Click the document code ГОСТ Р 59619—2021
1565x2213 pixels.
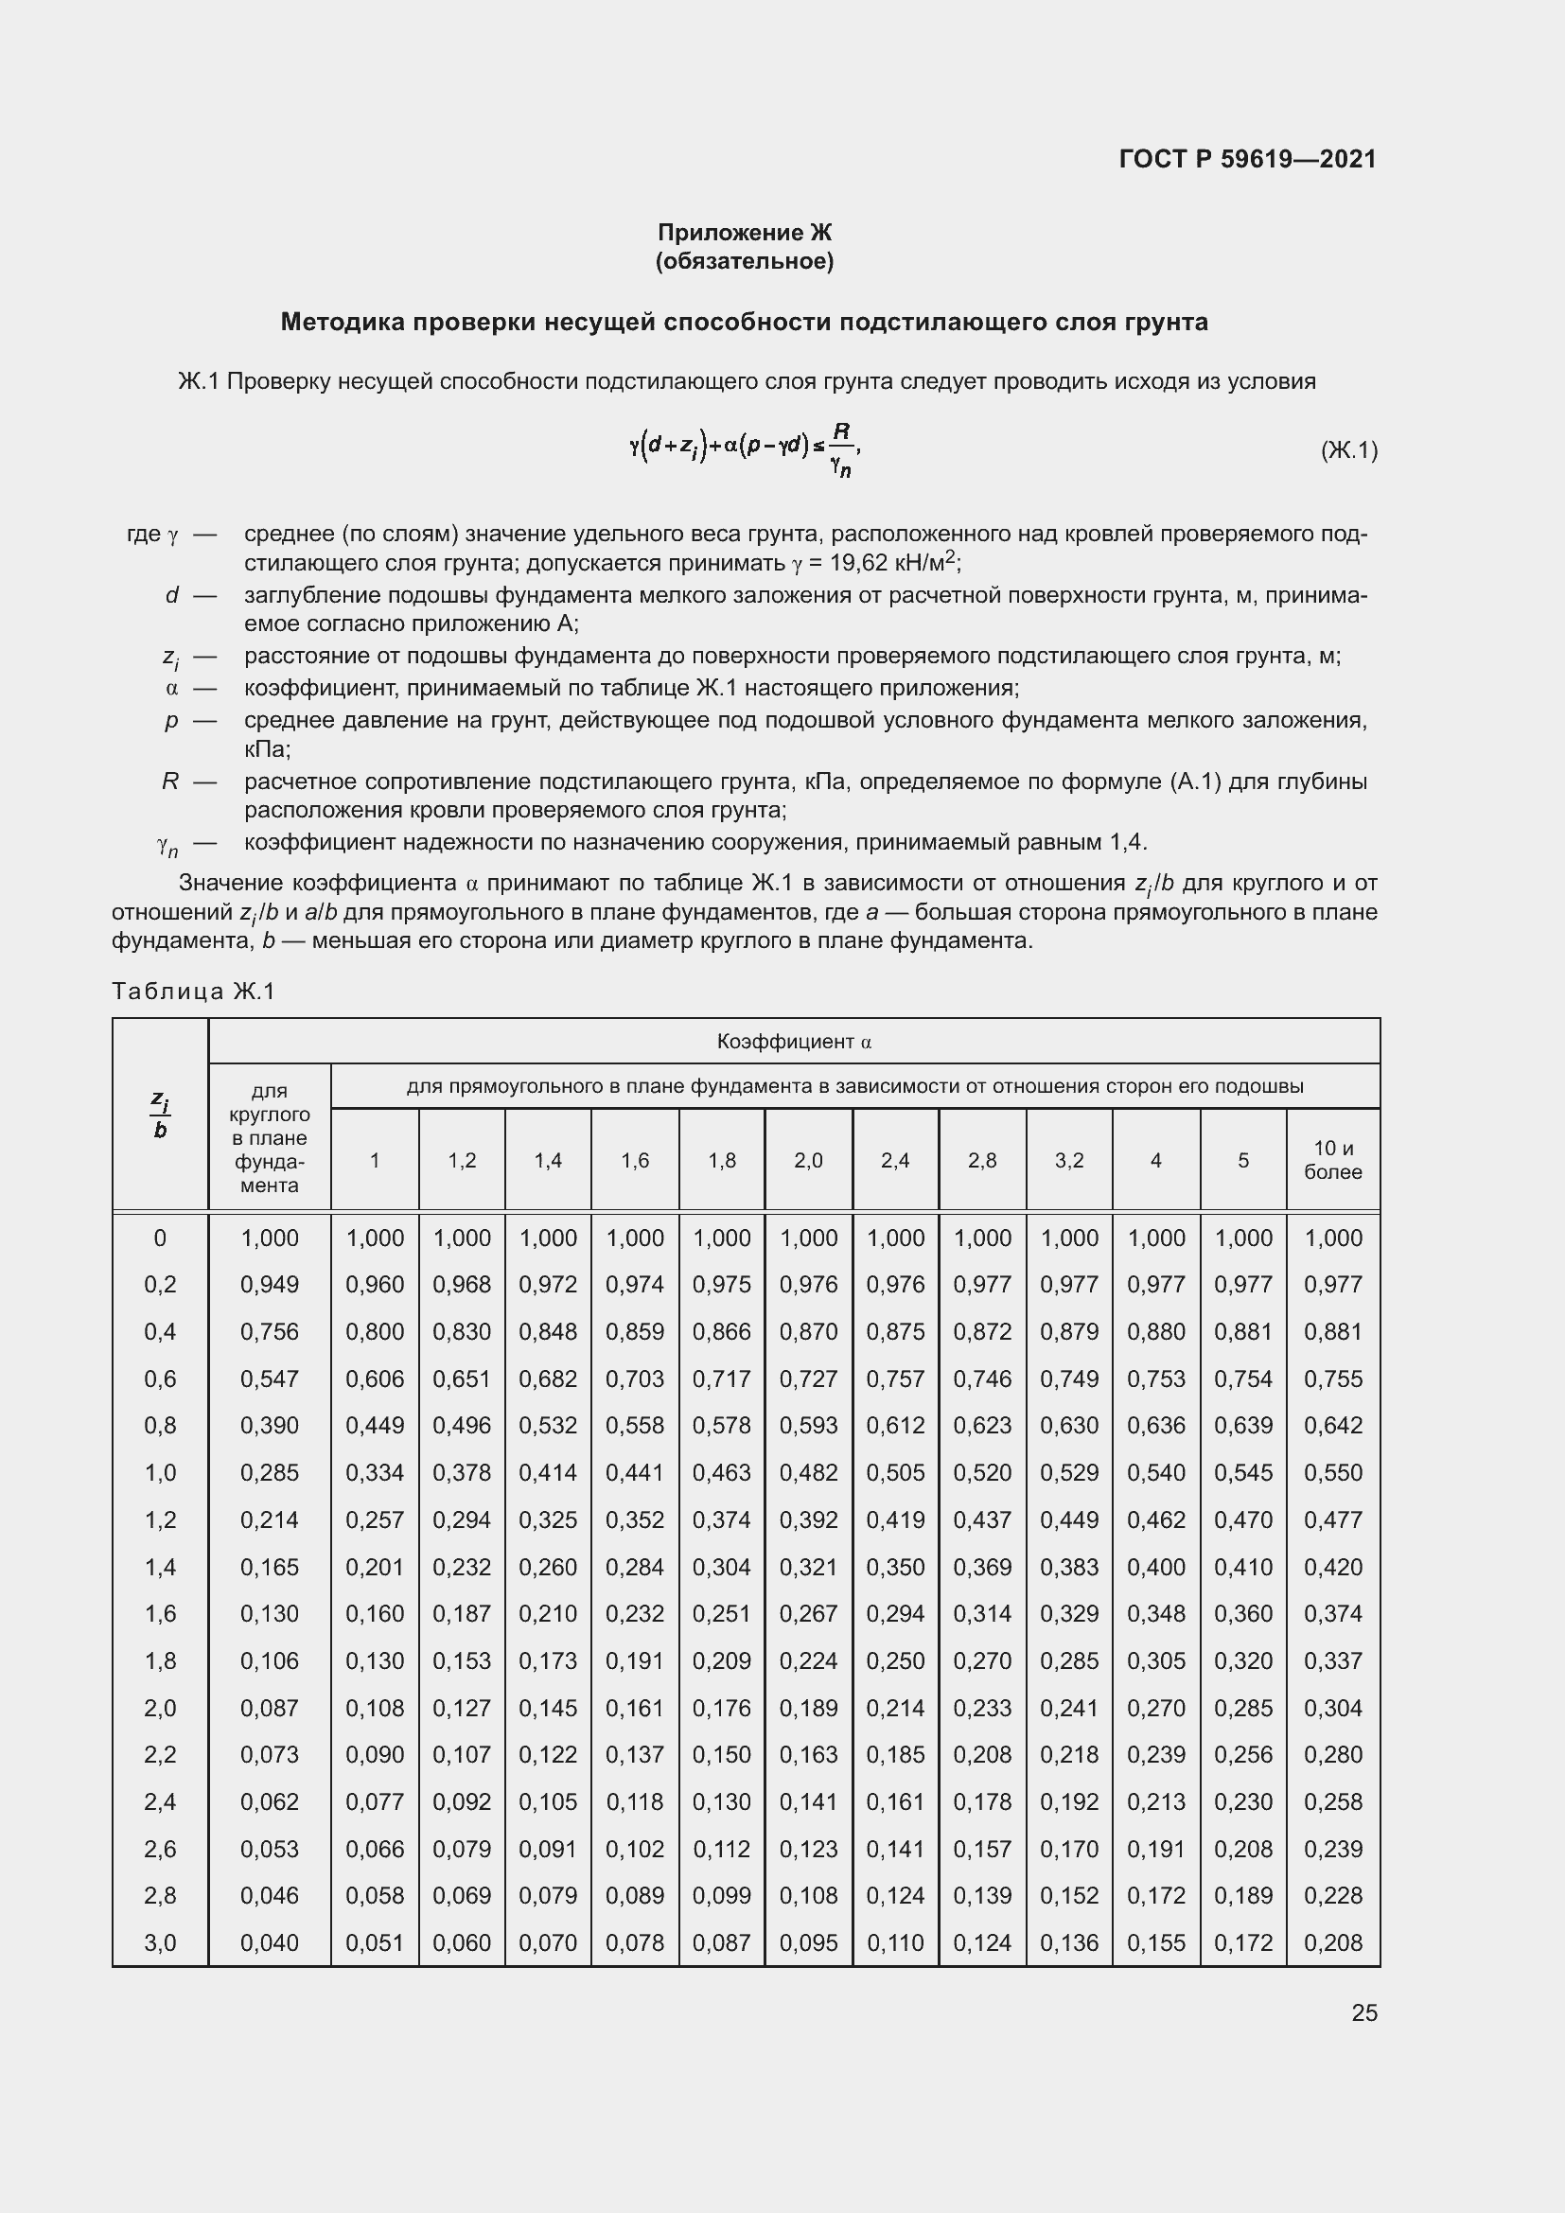point(1247,159)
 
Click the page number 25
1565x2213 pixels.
point(1363,2012)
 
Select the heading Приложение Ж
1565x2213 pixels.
point(744,233)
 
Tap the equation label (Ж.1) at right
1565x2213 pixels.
point(1348,450)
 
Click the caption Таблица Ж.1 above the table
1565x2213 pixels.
point(194,991)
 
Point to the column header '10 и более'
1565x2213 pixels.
point(1333,1160)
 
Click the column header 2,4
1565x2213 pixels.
point(894,1161)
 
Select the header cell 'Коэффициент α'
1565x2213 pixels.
point(794,1041)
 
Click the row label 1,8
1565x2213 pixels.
point(160,1660)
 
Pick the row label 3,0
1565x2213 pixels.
point(160,1943)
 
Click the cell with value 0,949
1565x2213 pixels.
point(269,1285)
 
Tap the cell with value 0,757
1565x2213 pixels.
point(894,1379)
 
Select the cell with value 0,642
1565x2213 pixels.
point(1333,1426)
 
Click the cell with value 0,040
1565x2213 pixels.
point(269,1943)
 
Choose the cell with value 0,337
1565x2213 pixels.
point(1333,1660)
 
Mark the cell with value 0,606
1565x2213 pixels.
point(374,1379)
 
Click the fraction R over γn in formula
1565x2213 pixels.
point(840,449)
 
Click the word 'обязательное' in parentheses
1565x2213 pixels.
point(744,261)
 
